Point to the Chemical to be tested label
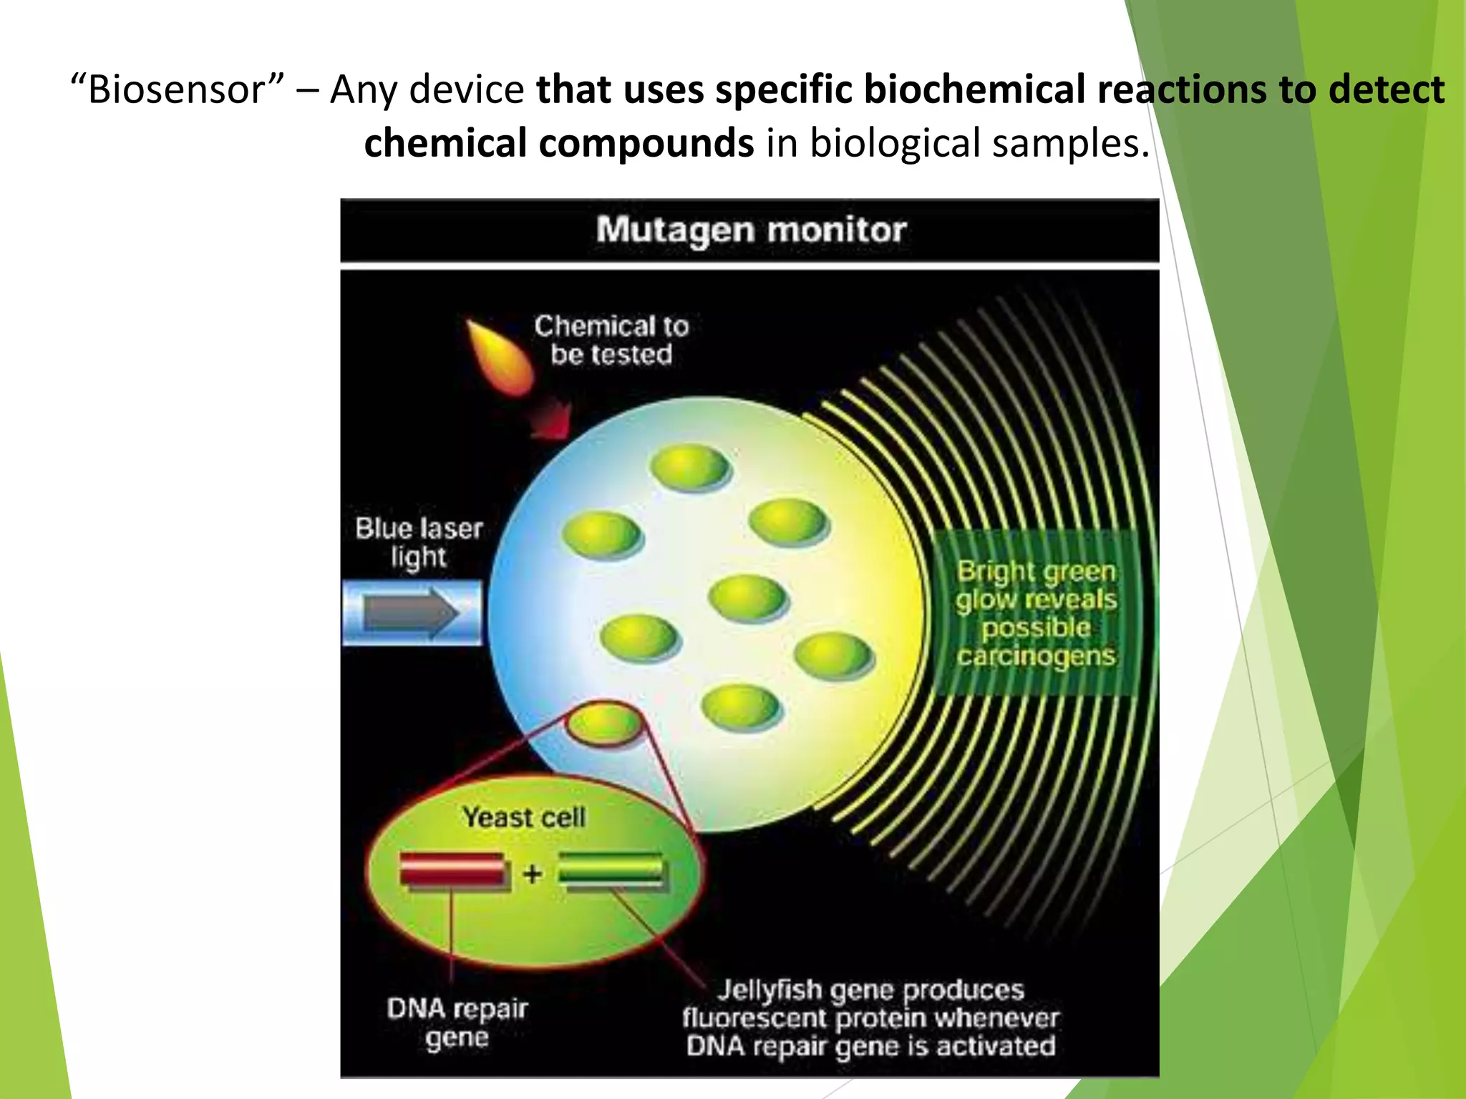611,341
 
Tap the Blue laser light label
419,542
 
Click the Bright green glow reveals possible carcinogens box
1036,613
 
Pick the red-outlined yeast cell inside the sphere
606,723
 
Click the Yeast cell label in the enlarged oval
524,817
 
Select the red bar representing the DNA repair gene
453,871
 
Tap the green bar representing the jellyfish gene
611,871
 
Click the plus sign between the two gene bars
532,874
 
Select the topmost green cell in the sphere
690,467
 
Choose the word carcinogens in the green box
1036,656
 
